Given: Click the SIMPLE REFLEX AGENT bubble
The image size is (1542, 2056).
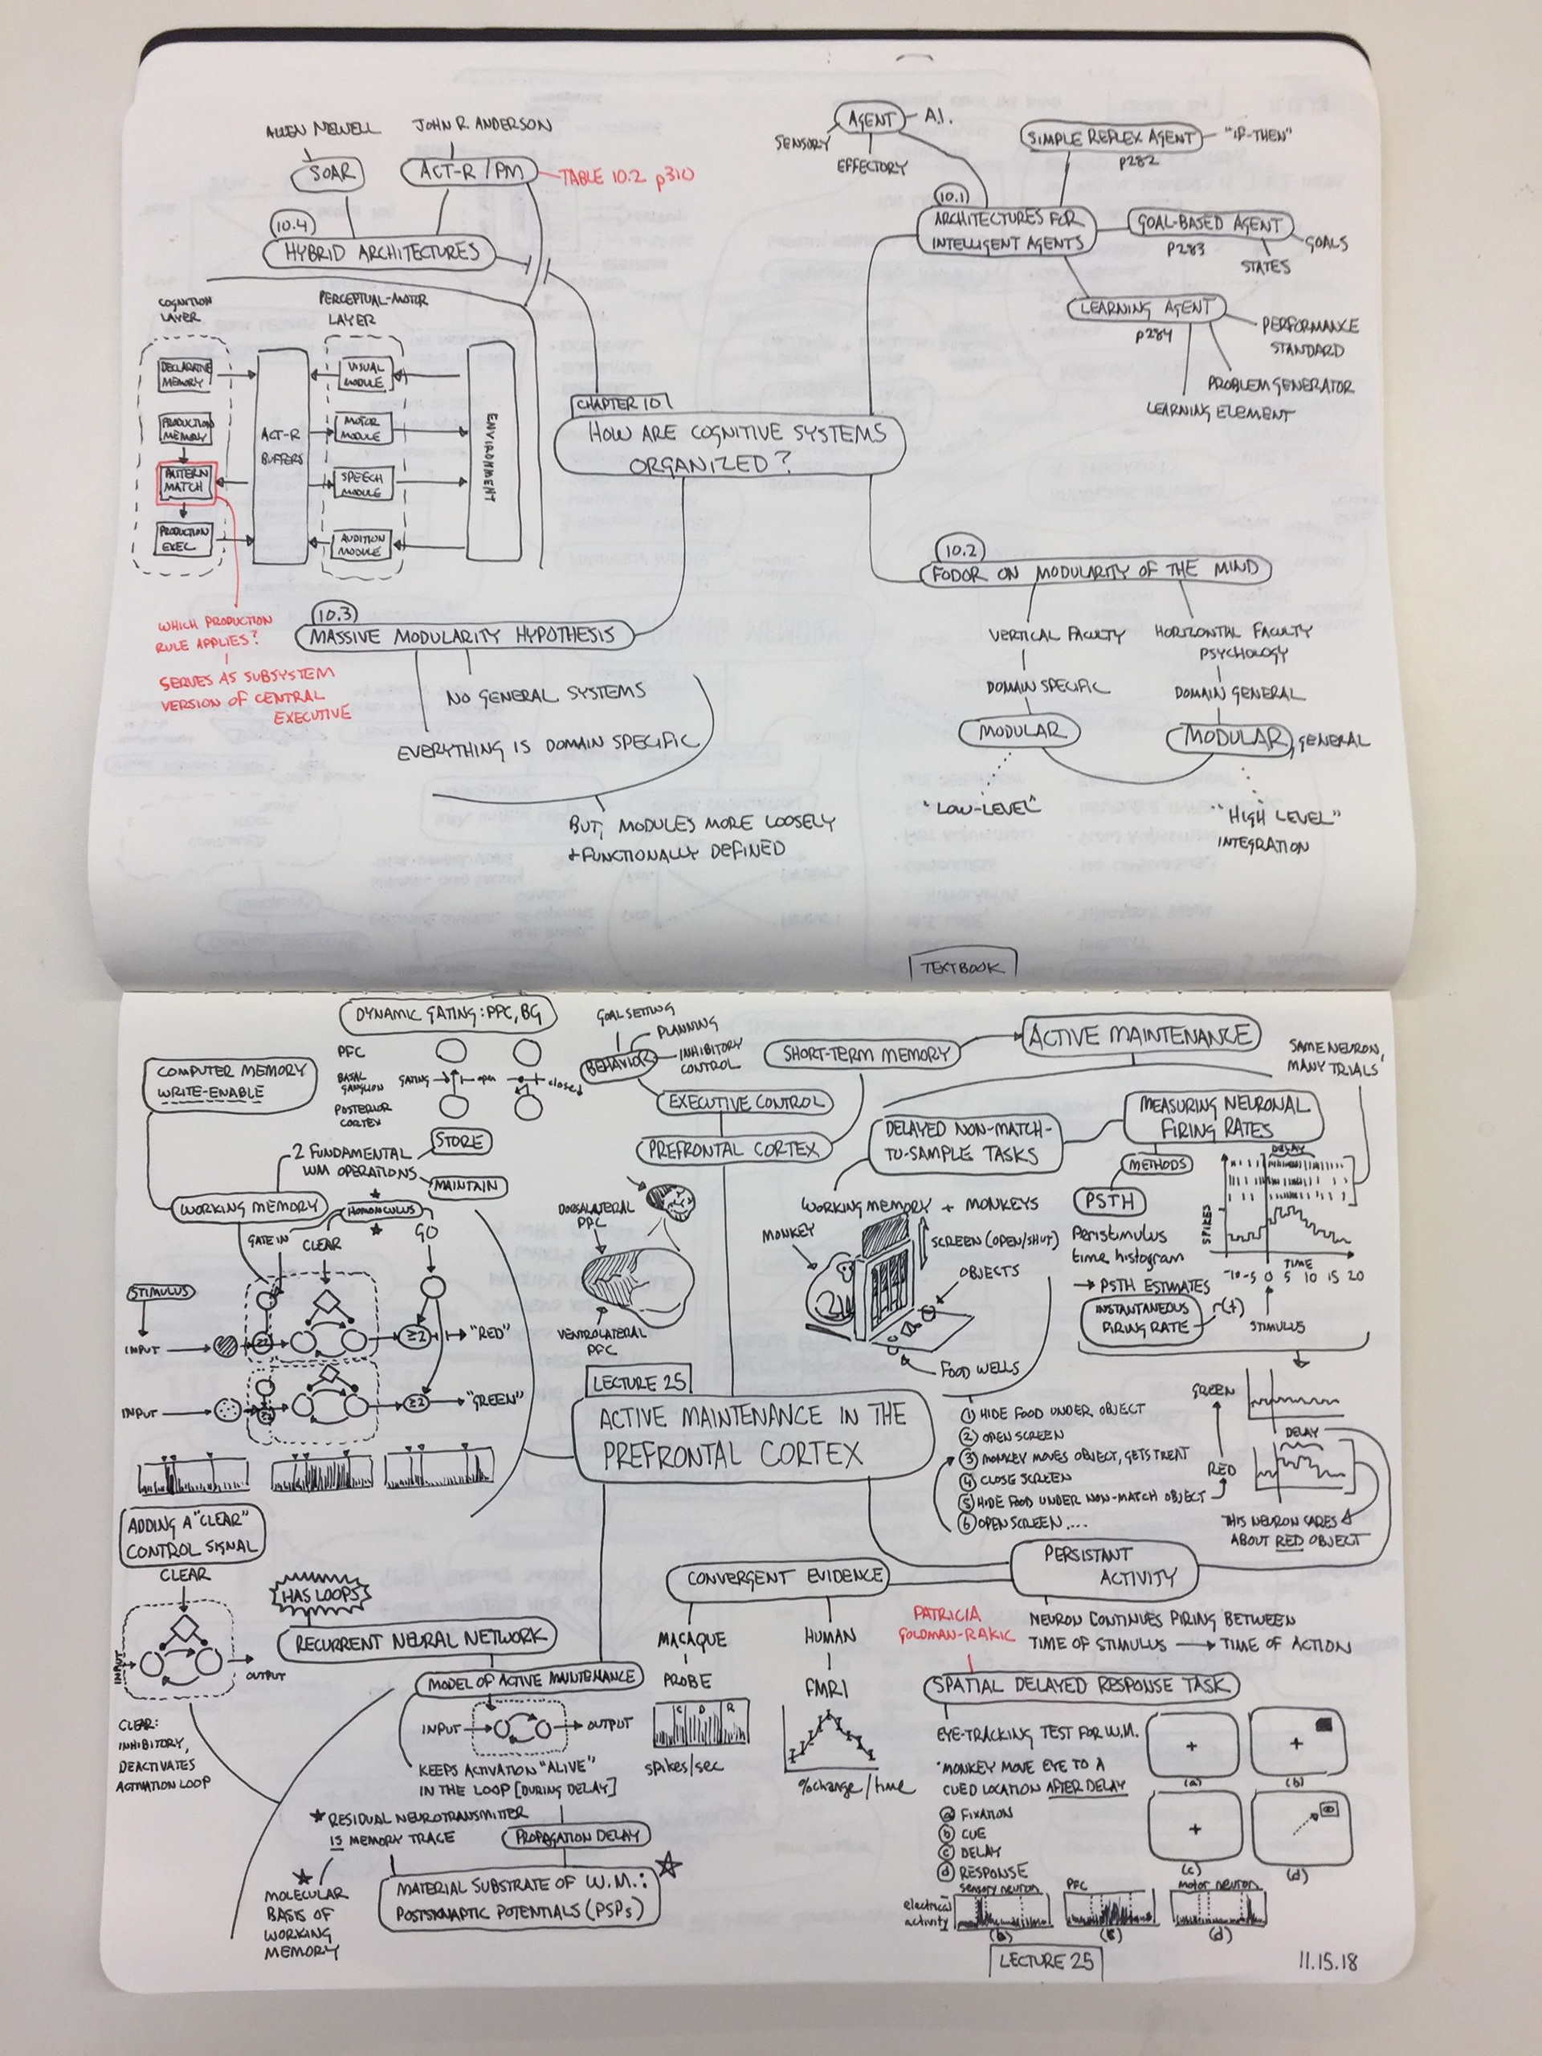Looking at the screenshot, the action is click(x=1109, y=137).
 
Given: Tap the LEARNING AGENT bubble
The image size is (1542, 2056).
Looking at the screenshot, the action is click(x=1147, y=308).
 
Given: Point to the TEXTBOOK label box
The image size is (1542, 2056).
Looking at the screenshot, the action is click(x=963, y=967).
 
